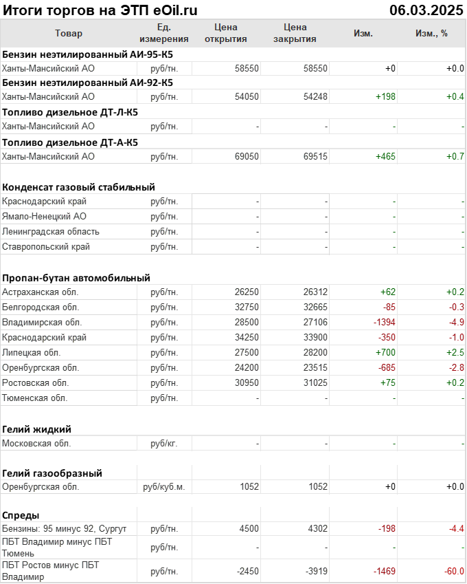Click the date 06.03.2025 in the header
pos(426,10)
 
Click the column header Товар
pos(69,33)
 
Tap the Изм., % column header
pos(431,33)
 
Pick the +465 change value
pos(385,156)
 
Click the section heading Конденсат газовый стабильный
pos(78,186)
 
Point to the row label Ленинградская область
pos(51,231)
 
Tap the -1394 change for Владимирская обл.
pos(381,322)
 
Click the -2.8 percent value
pos(455,367)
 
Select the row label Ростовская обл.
pos(36,382)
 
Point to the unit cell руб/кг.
pos(163,443)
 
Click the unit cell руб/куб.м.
pos(163,487)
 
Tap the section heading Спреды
pos(21,515)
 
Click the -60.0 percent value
pos(452,571)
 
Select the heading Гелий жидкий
pos(37,429)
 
